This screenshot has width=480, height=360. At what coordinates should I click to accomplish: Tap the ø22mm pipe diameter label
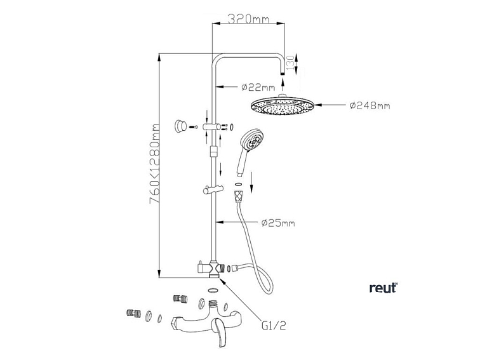260,87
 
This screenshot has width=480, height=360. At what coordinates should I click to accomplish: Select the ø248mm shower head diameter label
370,105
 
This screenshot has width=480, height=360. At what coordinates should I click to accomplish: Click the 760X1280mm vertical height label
154,165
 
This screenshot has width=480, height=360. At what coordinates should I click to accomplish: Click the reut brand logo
383,288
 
